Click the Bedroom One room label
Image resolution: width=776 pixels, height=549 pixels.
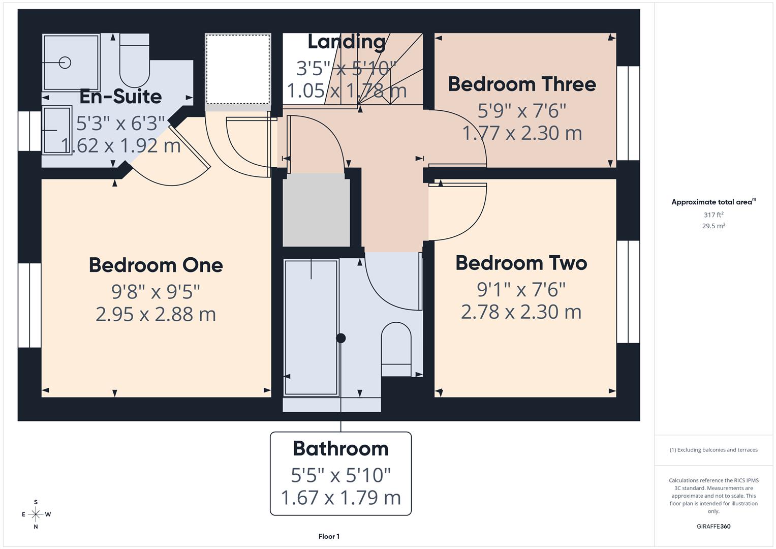(156, 265)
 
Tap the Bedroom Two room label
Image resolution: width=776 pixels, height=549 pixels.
(521, 263)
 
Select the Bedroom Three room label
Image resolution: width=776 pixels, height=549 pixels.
(521, 84)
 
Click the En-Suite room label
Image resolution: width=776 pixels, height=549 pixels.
(120, 97)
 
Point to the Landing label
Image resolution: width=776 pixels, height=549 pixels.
(347, 42)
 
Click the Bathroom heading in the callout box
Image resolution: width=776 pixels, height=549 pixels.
(340, 449)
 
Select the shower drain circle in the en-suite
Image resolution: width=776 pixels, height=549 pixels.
(65, 63)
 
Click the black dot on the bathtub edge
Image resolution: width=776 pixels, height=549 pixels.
(340, 338)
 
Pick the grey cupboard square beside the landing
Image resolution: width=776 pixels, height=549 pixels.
(316, 210)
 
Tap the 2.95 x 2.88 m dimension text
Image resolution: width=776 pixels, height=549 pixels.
(156, 314)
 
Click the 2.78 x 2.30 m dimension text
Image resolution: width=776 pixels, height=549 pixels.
(521, 312)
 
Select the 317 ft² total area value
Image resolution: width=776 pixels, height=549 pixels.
(713, 215)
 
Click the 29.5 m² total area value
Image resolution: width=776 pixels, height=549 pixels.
(713, 226)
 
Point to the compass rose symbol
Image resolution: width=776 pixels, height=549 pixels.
(36, 514)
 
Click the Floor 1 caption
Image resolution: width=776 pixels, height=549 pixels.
(329, 536)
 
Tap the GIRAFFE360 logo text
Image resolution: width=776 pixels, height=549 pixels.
(713, 526)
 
